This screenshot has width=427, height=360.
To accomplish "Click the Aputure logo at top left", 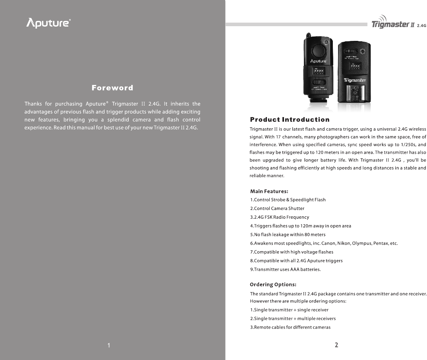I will click(48, 23).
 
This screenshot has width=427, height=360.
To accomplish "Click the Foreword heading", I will click(112, 88).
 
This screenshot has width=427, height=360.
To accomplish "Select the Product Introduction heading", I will click(290, 119).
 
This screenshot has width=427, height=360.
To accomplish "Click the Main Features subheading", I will click(269, 191).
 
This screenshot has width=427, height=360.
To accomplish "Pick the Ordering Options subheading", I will click(273, 284).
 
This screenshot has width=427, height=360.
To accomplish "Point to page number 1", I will click(108, 345).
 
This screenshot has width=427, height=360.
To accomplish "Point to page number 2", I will click(336, 345).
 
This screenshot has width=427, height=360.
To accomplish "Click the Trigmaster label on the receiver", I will click(355, 80).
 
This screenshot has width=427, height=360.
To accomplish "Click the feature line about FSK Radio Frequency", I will click(279, 217).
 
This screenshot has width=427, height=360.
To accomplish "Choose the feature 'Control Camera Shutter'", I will click(277, 208).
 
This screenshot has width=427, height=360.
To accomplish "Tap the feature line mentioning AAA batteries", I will click(285, 270).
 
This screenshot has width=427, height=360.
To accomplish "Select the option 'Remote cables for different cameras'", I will click(290, 327).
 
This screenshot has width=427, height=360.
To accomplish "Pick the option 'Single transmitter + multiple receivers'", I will click(293, 319).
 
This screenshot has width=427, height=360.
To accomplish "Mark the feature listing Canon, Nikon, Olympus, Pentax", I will click(324, 243).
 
